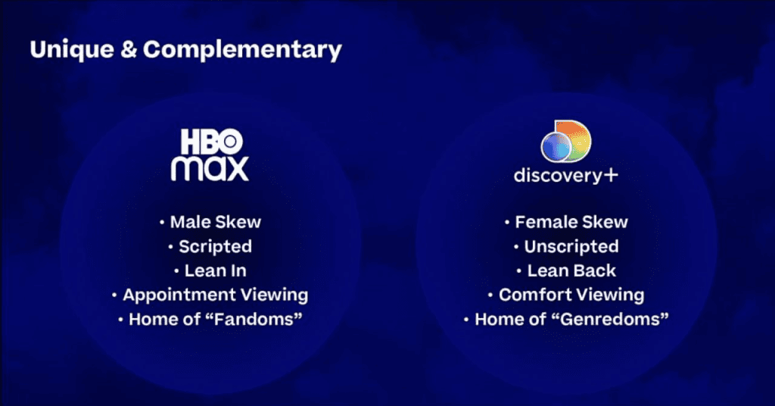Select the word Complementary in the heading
tap(242, 50)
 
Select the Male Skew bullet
tap(215, 222)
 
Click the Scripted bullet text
tap(215, 246)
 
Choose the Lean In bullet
tap(215, 270)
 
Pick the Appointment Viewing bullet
tap(215, 295)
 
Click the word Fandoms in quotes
tap(255, 319)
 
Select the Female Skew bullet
tap(571, 222)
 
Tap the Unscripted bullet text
tap(571, 246)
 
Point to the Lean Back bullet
tap(571, 270)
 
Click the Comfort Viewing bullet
tap(571, 295)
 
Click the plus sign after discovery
tap(610, 175)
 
